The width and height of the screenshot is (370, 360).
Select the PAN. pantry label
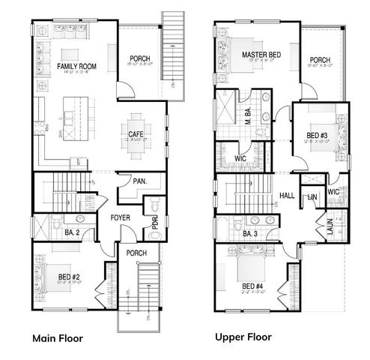click(139, 181)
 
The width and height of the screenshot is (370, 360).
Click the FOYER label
click(121, 217)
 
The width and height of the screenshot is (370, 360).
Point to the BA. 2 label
click(72, 233)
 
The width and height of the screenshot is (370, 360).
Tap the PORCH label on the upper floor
click(321, 61)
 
